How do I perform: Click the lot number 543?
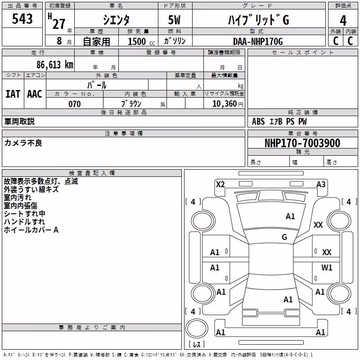[x=22, y=18]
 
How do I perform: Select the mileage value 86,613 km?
[x=54, y=64]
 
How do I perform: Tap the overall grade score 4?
[x=343, y=21]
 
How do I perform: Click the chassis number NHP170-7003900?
[x=302, y=143]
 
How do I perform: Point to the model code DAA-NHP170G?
[x=258, y=41]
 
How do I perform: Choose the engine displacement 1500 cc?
[x=141, y=41]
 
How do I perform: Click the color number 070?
[x=75, y=104]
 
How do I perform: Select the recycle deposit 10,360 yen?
[x=228, y=104]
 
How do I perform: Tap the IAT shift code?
[x=13, y=94]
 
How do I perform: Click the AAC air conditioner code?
[x=35, y=94]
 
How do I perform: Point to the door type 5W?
[x=174, y=20]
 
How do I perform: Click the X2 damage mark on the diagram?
[x=220, y=184]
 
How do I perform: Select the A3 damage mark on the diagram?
[x=321, y=184]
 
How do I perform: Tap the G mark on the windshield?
[x=284, y=237]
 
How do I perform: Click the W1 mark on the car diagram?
[x=327, y=267]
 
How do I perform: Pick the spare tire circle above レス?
[x=197, y=328]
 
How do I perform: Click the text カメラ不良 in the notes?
[x=23, y=143]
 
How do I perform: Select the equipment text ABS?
[x=258, y=121]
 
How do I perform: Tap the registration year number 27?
[x=59, y=24]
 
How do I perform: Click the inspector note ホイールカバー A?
[x=31, y=230]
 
